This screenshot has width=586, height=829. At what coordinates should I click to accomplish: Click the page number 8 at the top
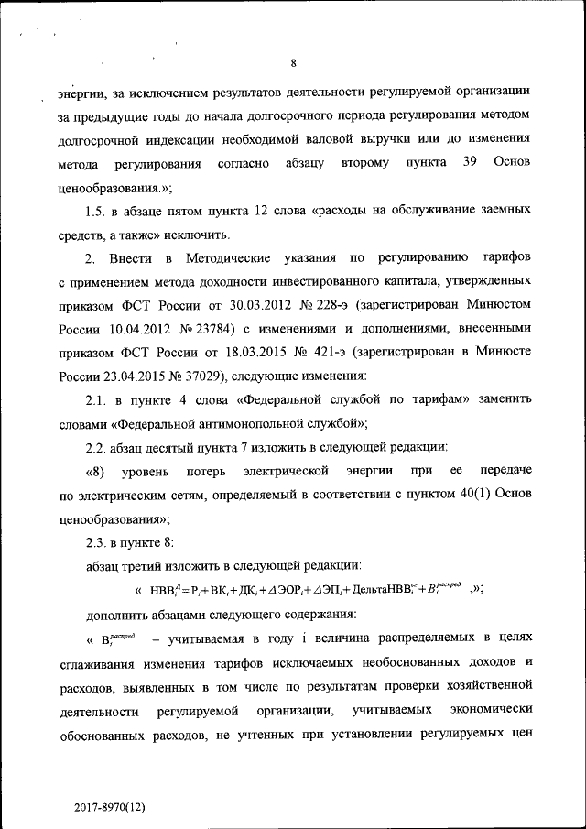[x=293, y=63]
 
